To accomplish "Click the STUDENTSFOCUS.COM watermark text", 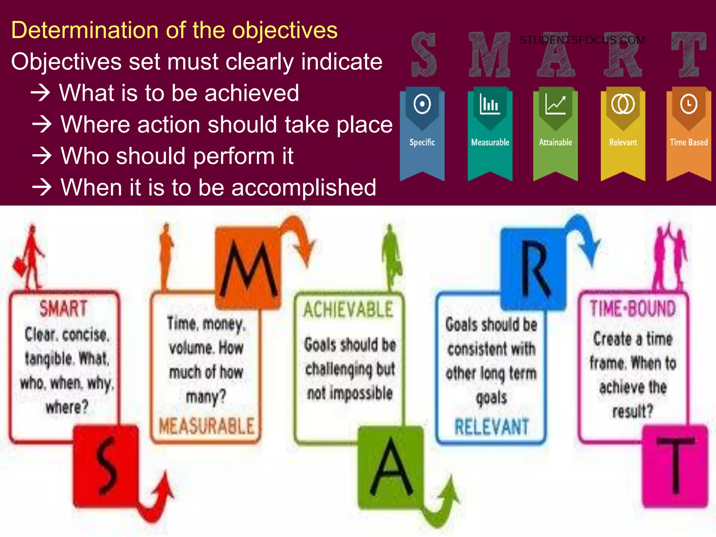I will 582,40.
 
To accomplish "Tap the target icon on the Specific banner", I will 422,104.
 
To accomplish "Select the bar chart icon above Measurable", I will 490,104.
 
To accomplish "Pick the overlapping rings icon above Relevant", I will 623,104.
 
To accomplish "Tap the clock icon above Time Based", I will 689,104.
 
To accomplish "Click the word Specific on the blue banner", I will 422,142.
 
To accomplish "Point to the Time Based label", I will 688,142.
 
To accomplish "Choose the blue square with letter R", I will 534,269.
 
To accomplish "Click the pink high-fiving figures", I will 670,257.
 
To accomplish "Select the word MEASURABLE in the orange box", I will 206,426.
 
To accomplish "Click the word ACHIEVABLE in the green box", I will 348,310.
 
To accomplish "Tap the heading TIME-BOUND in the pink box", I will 632,309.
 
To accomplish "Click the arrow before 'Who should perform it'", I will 42,156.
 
